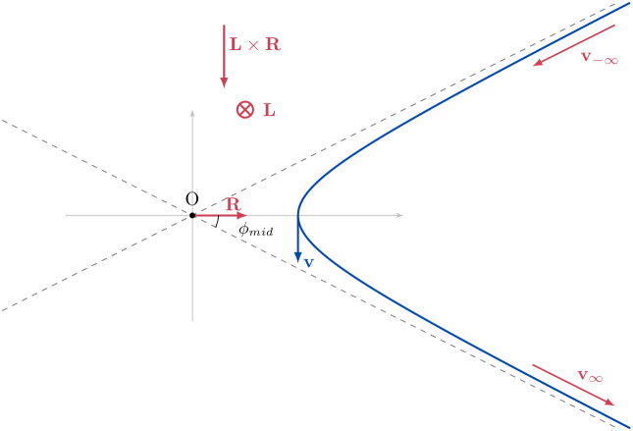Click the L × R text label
coord(255,45)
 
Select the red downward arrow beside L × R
coord(224,54)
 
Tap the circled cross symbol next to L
coord(244,110)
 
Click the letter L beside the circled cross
coord(269,111)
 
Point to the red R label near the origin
coord(233,204)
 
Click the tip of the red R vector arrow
coord(243,215)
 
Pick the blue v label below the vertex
coord(308,262)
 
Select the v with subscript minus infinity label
coord(599,57)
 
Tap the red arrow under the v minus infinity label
coord(573,47)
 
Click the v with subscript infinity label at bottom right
coord(590,375)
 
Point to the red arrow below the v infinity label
coord(574,384)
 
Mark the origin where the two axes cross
coord(192,215)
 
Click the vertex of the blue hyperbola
coord(297,215)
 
